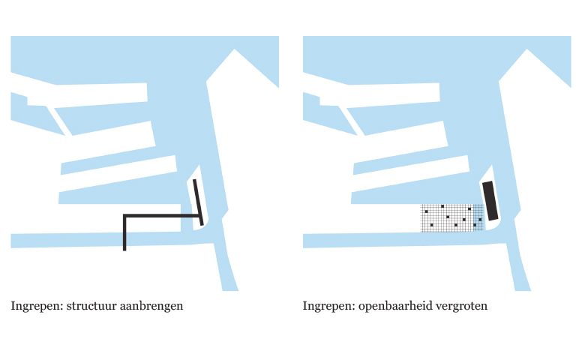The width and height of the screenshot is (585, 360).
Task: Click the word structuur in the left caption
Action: (x=91, y=306)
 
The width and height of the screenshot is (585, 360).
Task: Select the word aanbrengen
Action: (x=151, y=307)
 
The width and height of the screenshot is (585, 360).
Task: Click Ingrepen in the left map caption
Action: (x=37, y=307)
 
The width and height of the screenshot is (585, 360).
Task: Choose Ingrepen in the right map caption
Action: (x=328, y=307)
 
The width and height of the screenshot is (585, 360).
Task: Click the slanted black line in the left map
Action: (x=198, y=202)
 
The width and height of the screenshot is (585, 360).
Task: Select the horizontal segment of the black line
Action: (x=161, y=216)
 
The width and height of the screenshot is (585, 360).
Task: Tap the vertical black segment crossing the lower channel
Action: (x=124, y=233)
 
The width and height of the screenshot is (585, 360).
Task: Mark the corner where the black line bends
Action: (x=124, y=216)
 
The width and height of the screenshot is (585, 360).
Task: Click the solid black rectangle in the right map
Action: (x=490, y=201)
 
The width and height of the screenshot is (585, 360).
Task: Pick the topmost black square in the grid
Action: (x=442, y=206)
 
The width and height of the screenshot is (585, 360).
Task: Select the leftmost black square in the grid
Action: (x=427, y=211)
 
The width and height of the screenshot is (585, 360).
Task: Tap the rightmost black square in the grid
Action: (x=480, y=220)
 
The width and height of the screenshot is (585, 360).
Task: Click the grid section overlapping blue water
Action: (x=478, y=217)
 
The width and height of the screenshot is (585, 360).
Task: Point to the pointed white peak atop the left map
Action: (x=234, y=49)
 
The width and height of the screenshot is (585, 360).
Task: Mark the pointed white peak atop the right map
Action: (x=526, y=49)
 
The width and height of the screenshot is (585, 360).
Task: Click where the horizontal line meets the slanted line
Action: (x=200, y=216)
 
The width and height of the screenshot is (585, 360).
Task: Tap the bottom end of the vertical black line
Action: (x=124, y=250)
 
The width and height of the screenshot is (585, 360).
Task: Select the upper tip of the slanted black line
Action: (x=194, y=180)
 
